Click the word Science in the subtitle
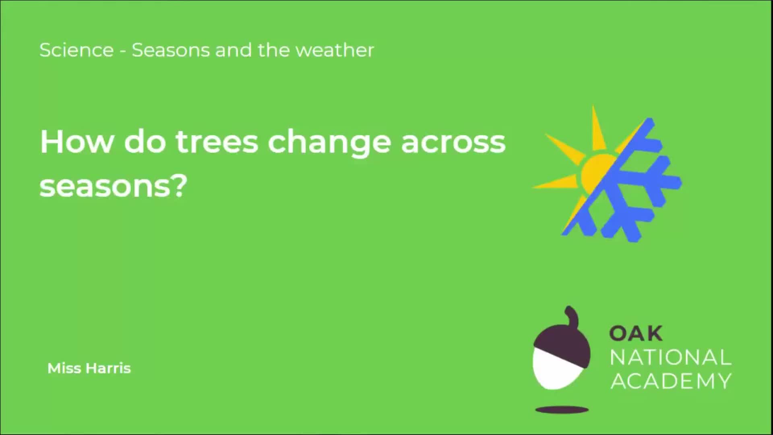[x=76, y=50]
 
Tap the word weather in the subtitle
[x=335, y=50]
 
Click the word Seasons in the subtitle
[x=171, y=50]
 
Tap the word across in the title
[x=453, y=143]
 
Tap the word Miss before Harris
[x=64, y=368]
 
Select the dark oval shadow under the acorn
[x=562, y=410]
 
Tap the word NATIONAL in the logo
[x=670, y=358]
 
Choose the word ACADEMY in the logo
[x=670, y=381]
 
